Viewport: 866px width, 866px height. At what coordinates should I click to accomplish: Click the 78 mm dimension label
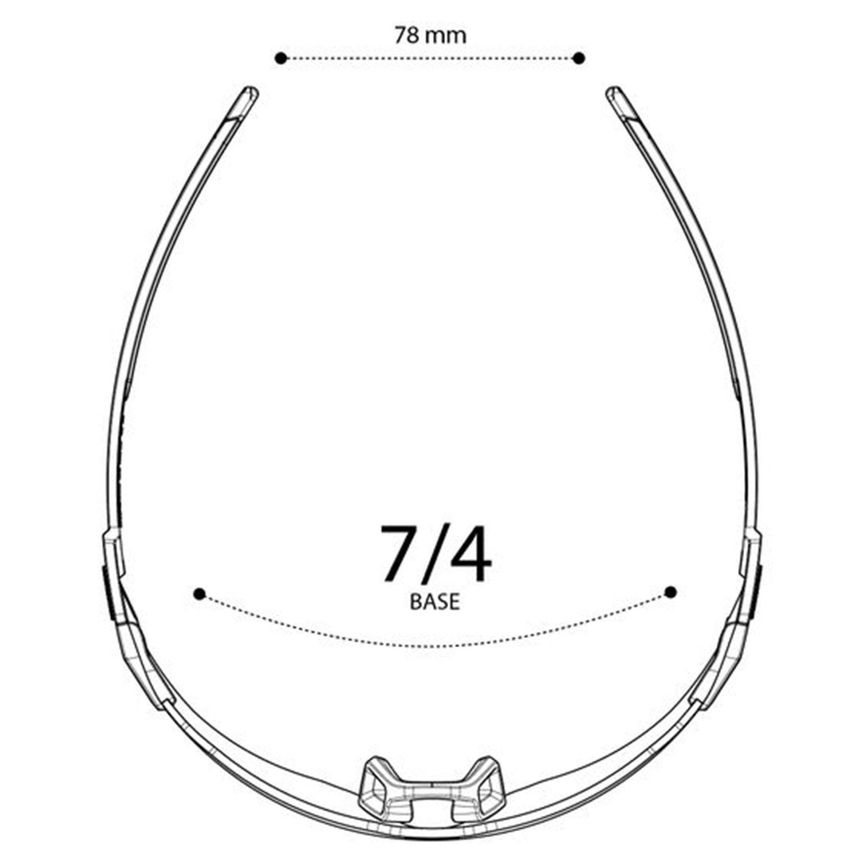pos(430,35)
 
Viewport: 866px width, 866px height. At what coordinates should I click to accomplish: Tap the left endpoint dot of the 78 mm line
pos(281,58)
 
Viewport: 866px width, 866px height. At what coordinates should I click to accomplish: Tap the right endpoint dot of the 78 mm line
pos(579,58)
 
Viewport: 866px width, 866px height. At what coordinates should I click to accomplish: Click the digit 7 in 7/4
pos(400,553)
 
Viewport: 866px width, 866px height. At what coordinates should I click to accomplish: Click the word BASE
pos(435,602)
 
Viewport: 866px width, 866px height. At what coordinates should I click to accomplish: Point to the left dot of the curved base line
pos(200,595)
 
